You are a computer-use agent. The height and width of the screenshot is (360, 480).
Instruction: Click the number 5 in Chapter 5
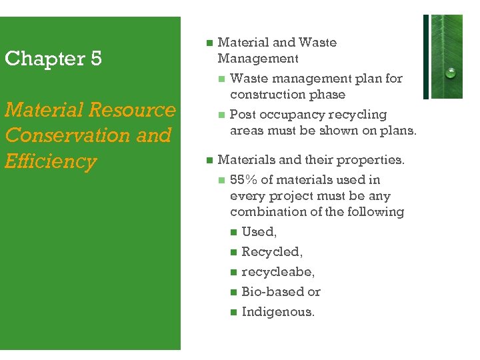point(95,59)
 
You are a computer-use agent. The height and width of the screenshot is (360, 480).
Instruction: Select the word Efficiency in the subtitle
point(51,161)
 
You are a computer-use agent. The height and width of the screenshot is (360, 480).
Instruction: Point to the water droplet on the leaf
point(451,73)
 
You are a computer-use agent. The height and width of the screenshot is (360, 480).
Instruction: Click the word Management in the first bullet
point(257,59)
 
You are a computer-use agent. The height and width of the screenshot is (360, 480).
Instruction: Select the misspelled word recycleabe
point(277,272)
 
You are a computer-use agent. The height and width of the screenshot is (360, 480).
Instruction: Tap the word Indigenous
point(277,312)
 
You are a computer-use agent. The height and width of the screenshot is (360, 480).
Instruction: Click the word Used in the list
point(258,232)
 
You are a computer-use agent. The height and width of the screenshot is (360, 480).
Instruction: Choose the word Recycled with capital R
point(271,252)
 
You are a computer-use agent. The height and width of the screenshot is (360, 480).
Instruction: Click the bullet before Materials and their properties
point(209,160)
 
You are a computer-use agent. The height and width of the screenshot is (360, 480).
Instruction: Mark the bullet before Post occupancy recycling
point(221,115)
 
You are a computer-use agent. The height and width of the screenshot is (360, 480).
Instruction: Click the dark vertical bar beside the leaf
point(426,56)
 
